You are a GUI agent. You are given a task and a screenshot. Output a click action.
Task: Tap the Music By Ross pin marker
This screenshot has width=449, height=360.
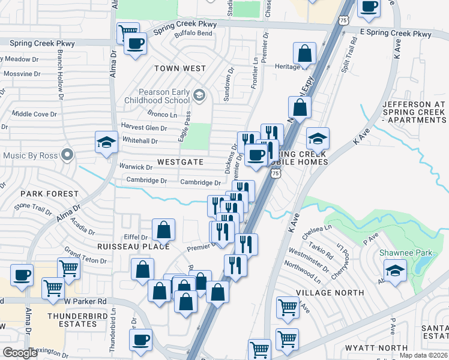(68, 155)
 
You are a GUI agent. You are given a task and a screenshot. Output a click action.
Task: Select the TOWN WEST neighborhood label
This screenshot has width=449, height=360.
(180, 68)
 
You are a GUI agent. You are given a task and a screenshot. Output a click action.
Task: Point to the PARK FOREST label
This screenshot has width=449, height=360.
(49, 194)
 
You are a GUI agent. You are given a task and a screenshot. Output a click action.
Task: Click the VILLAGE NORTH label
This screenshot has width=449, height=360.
(330, 293)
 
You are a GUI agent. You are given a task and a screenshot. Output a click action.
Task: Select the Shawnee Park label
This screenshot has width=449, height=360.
(406, 253)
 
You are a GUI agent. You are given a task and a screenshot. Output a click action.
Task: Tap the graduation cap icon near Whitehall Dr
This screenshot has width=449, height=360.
(106, 143)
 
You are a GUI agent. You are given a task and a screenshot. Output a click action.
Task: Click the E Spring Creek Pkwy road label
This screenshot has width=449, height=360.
(396, 34)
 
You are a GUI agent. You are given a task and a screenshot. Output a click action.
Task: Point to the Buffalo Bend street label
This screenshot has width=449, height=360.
(193, 34)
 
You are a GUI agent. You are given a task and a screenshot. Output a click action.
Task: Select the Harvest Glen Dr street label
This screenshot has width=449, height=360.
(144, 127)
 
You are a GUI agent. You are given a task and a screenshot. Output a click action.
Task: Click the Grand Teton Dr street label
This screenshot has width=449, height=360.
(85, 256)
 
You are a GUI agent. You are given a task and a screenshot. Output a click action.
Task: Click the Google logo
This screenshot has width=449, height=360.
(20, 353)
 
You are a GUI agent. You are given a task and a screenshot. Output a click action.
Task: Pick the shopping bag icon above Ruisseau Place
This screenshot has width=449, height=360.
(163, 229)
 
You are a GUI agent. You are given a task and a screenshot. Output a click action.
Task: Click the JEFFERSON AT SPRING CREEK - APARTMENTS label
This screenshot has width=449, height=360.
(414, 112)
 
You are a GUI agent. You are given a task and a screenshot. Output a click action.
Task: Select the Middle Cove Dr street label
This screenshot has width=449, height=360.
(34, 114)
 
